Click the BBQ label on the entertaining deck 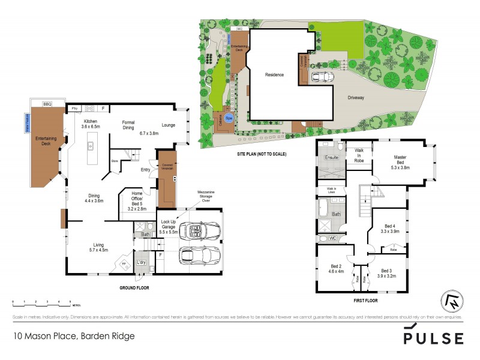[47, 104]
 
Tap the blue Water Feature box [26, 122]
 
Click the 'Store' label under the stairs [114, 161]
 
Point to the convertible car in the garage [200, 230]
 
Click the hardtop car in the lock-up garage [198, 255]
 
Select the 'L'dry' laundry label [142, 263]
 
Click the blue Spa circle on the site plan [229, 117]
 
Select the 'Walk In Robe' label [360, 155]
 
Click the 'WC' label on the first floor [333, 238]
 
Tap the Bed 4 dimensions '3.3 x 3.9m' [391, 230]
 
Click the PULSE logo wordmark [433, 337]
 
